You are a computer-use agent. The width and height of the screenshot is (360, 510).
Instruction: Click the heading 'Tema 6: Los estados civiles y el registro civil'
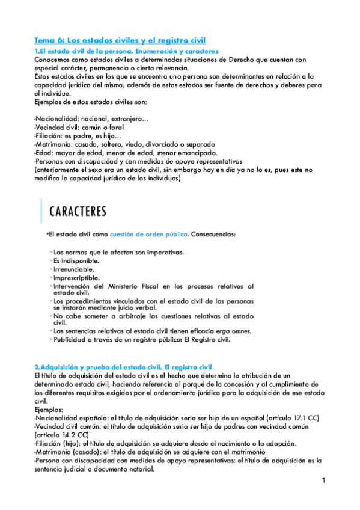[120, 40]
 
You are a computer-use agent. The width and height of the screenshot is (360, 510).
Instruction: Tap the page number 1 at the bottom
[323, 481]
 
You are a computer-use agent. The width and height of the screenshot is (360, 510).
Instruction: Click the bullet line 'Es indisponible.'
[76, 260]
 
